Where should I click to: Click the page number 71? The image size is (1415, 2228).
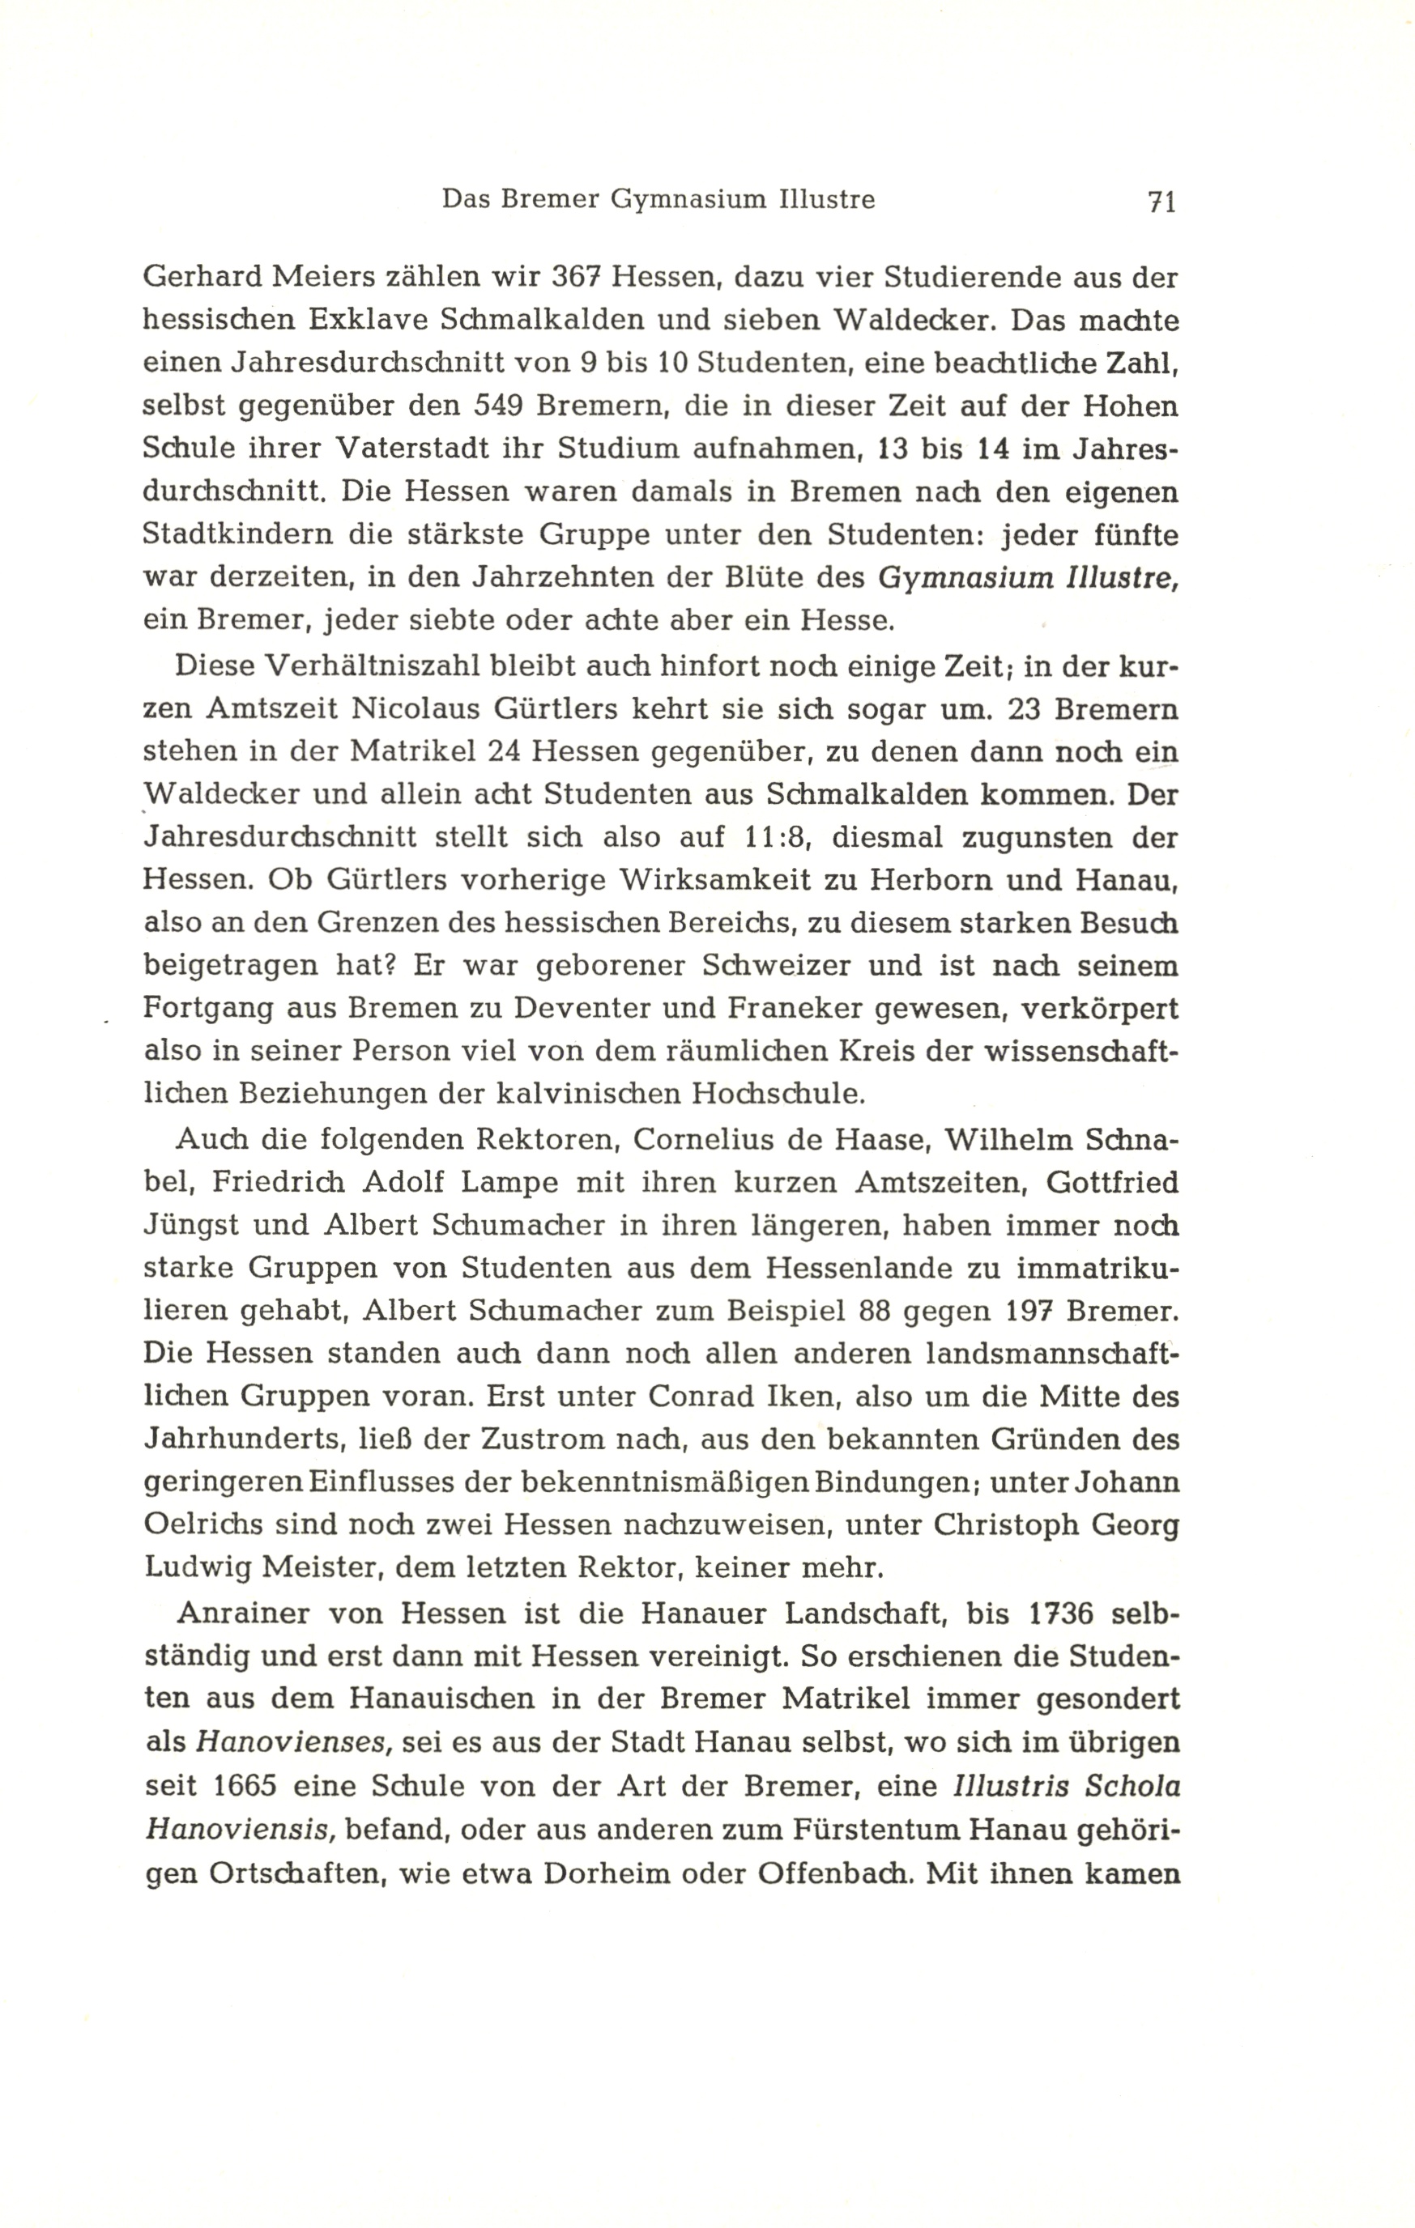click(1161, 202)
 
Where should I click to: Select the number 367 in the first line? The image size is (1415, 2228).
click(578, 278)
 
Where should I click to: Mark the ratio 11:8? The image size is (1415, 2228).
click(778, 837)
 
